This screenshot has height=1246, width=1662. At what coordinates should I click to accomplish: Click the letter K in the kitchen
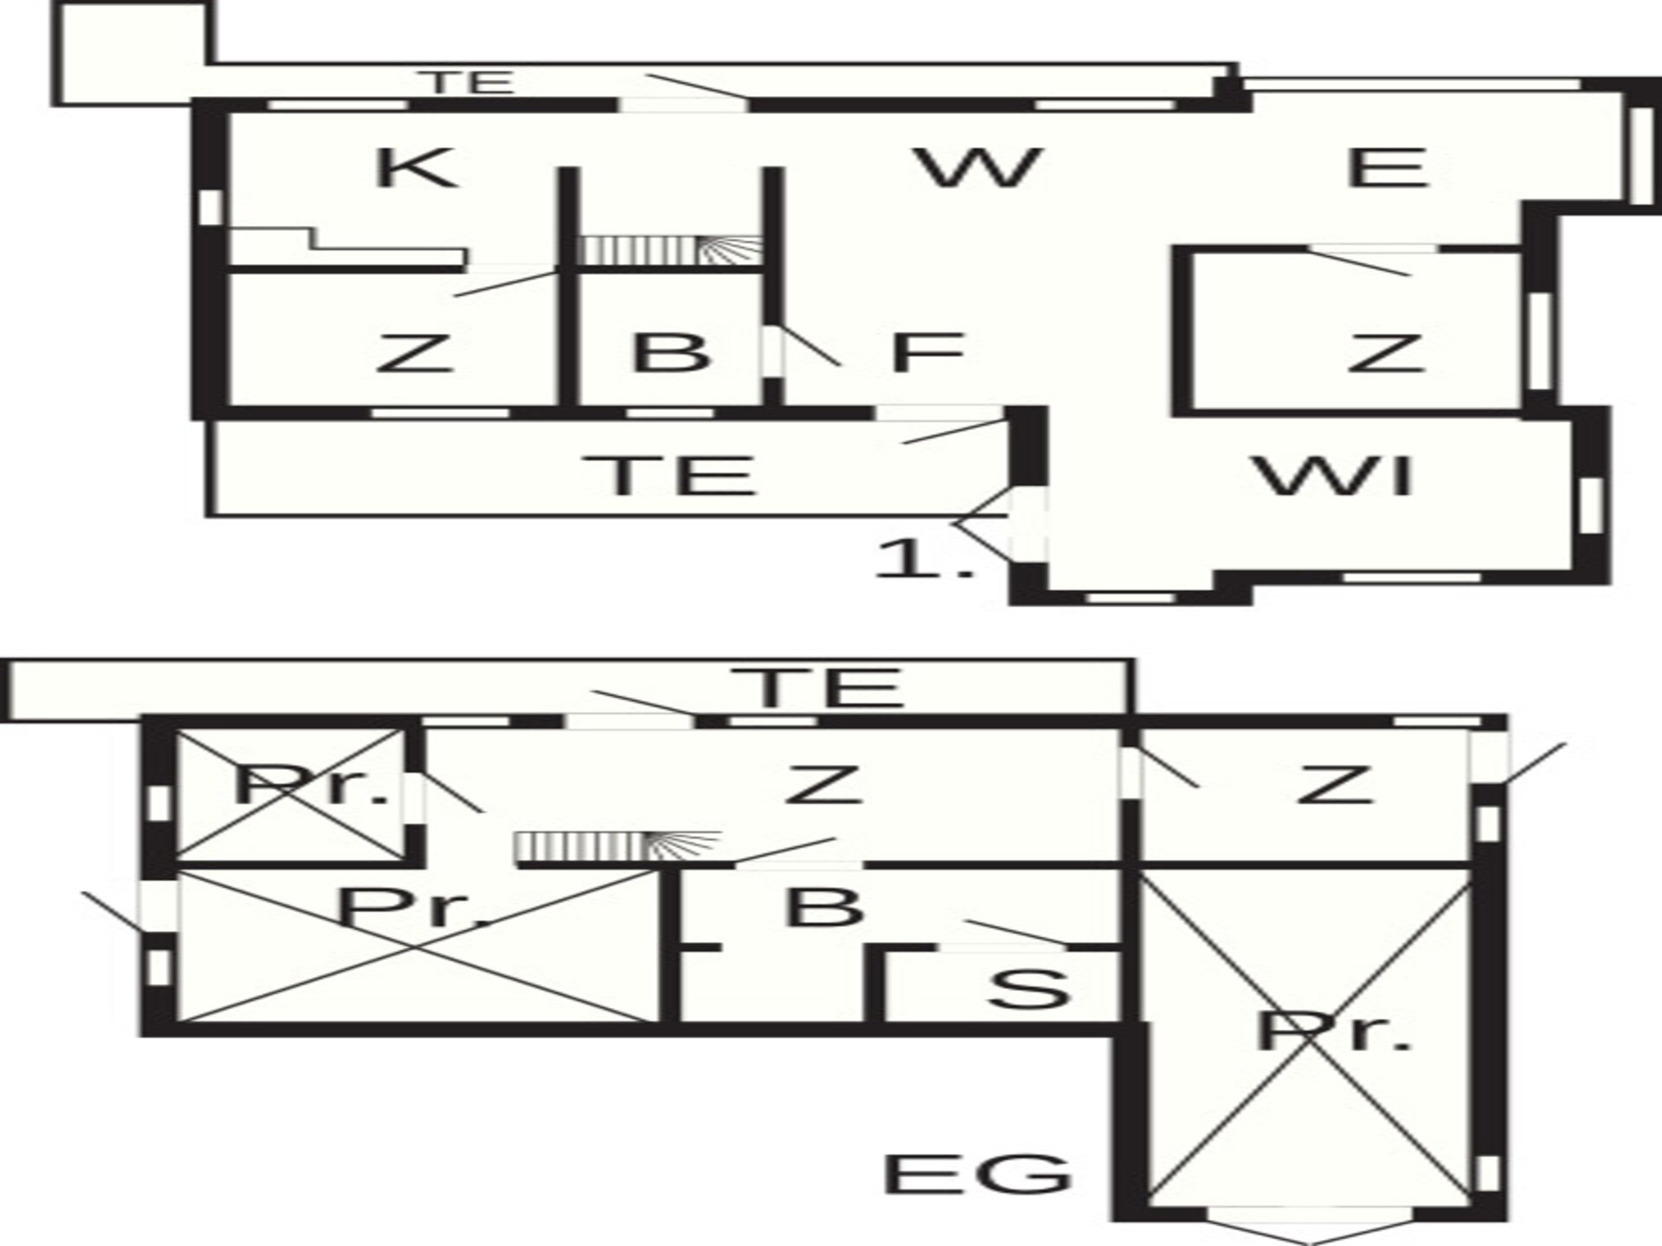pyautogui.click(x=415, y=168)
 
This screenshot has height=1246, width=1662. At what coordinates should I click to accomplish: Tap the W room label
pyautogui.click(x=979, y=168)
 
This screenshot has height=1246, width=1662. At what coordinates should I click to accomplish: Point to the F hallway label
pyautogui.click(x=927, y=352)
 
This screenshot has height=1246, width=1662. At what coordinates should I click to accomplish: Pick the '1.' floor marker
pyautogui.click(x=925, y=558)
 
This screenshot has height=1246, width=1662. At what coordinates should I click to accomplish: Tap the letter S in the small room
pyautogui.click(x=1029, y=989)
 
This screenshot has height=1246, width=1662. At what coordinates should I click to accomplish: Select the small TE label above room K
pyautogui.click(x=471, y=82)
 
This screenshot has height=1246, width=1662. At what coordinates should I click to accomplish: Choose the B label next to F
pyautogui.click(x=671, y=352)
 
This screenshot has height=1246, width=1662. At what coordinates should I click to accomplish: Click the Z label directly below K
pyautogui.click(x=415, y=352)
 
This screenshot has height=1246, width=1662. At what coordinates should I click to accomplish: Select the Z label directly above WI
pyautogui.click(x=1386, y=352)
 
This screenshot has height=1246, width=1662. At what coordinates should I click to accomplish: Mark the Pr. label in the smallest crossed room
pyautogui.click(x=312, y=785)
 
